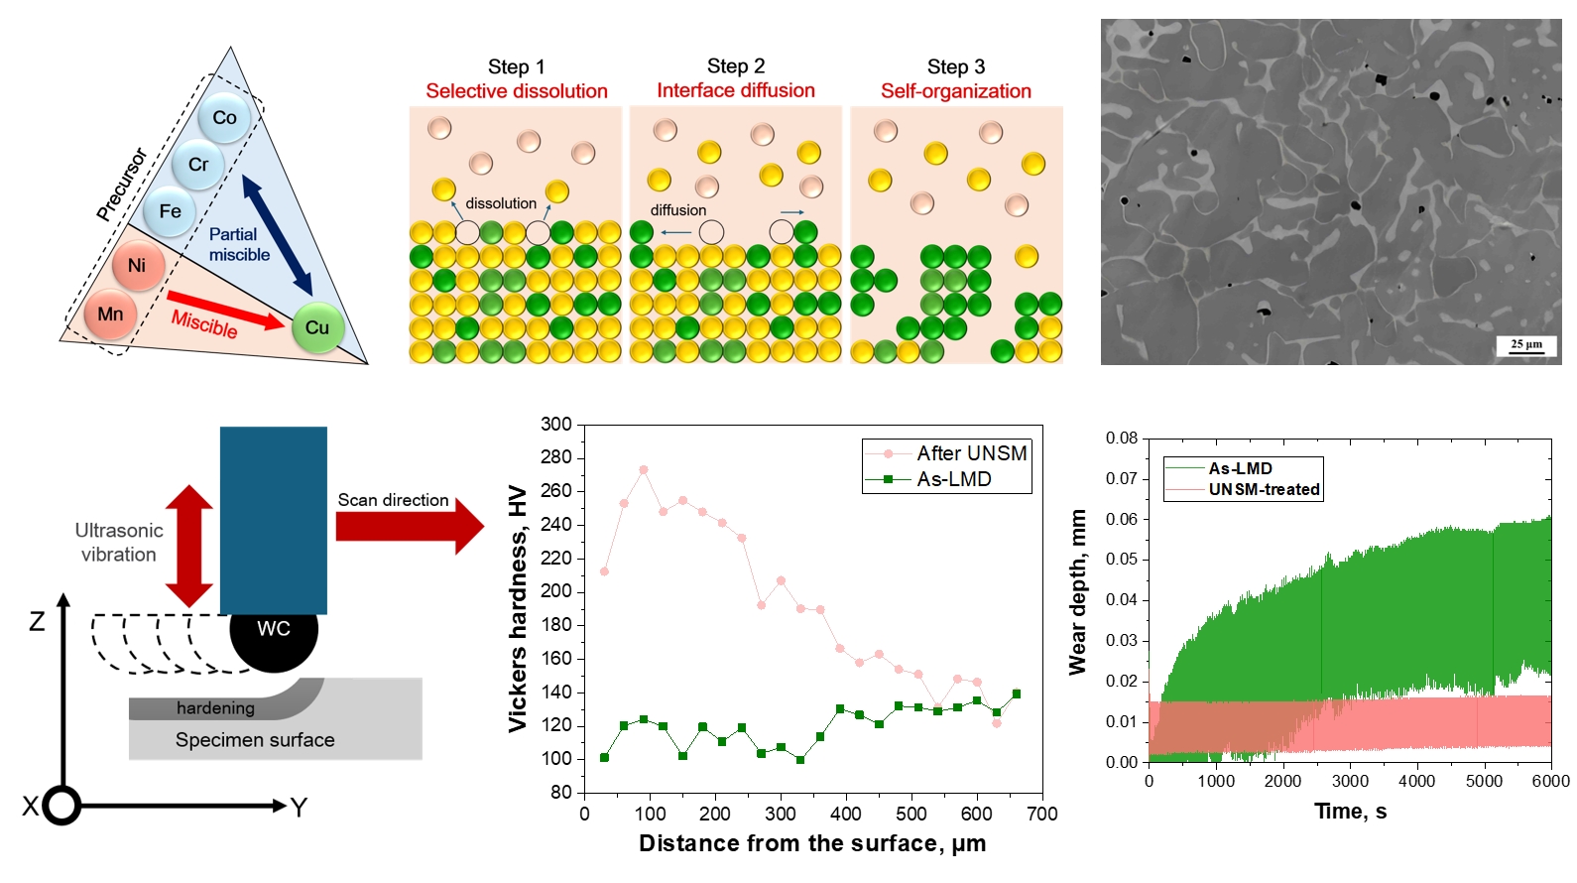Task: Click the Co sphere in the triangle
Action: pyautogui.click(x=224, y=118)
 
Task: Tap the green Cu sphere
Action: pyautogui.click(x=317, y=326)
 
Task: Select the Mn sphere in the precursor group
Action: pyautogui.click(x=110, y=315)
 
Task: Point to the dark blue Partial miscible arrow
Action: pyautogui.click(x=278, y=235)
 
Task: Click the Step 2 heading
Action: pyautogui.click(x=736, y=66)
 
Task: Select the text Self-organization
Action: pyautogui.click(x=955, y=91)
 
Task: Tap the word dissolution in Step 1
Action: pyautogui.click(x=501, y=203)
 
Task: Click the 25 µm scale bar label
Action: pyautogui.click(x=1526, y=343)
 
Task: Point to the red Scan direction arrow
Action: pyautogui.click(x=410, y=526)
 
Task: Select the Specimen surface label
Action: pyautogui.click(x=255, y=740)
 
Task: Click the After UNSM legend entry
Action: pyautogui.click(x=947, y=453)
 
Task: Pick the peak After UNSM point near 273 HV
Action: pyautogui.click(x=643, y=469)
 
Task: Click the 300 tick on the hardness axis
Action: pyautogui.click(x=556, y=424)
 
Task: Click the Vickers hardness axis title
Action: pyautogui.click(x=518, y=609)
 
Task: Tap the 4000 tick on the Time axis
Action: pyautogui.click(x=1417, y=781)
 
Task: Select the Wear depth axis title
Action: pyautogui.click(x=1078, y=593)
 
